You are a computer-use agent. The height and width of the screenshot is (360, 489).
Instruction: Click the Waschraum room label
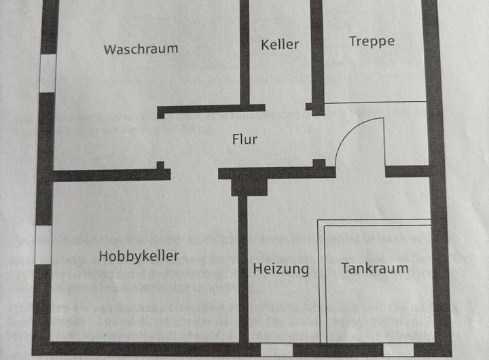pyautogui.click(x=141, y=49)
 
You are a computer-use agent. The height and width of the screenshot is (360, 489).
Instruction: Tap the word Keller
pyautogui.click(x=280, y=44)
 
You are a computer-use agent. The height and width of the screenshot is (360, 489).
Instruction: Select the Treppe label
pyautogui.click(x=372, y=41)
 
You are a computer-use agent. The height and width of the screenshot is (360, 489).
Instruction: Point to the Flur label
pyautogui.click(x=244, y=140)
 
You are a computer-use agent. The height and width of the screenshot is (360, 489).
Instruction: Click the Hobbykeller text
pyautogui.click(x=139, y=256)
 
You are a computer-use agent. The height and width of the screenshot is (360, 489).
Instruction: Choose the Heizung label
pyautogui.click(x=280, y=269)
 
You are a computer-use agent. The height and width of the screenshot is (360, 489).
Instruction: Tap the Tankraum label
pyautogui.click(x=375, y=268)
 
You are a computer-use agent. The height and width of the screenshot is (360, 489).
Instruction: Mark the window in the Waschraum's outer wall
pyautogui.click(x=47, y=73)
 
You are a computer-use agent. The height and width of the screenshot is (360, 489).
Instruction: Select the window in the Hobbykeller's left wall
pyautogui.click(x=43, y=245)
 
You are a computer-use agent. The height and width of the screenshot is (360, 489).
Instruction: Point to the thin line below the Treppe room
pyautogui.click(x=375, y=103)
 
